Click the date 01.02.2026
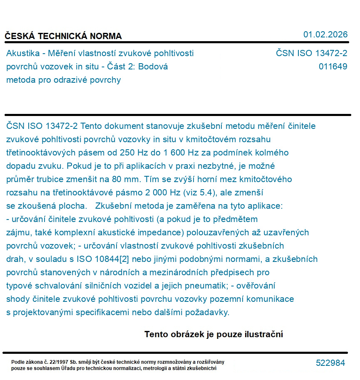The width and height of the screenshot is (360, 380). coord(325,35)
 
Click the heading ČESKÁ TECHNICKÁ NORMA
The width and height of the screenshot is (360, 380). coord(63,36)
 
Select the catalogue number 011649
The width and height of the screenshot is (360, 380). coord(333,67)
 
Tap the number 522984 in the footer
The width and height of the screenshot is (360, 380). coord(330,363)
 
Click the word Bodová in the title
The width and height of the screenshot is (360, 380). coord(154,67)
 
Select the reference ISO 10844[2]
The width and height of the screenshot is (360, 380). coord(106,259)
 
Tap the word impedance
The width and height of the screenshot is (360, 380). coord(164,232)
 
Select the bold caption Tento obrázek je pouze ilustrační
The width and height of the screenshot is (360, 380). coord(214,334)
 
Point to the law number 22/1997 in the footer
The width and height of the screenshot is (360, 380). coord(57,362)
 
